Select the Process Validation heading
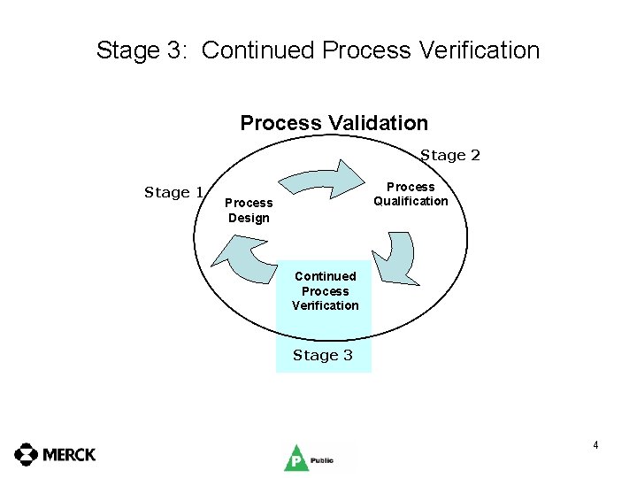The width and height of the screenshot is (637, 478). tap(334, 123)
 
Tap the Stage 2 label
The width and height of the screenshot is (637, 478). tap(450, 156)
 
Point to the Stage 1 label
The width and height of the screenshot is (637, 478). tap(174, 192)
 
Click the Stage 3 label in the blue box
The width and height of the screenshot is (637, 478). tap(323, 355)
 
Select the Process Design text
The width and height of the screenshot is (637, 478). tap(249, 211)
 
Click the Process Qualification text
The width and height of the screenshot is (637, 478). tap(411, 194)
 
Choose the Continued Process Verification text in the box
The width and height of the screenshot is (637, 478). tap(326, 291)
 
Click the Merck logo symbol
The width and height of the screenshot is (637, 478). tap(27, 455)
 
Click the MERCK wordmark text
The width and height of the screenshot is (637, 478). tap(69, 455)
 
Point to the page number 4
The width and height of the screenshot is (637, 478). tap(596, 445)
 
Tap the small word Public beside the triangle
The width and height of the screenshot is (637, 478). tap(321, 460)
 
